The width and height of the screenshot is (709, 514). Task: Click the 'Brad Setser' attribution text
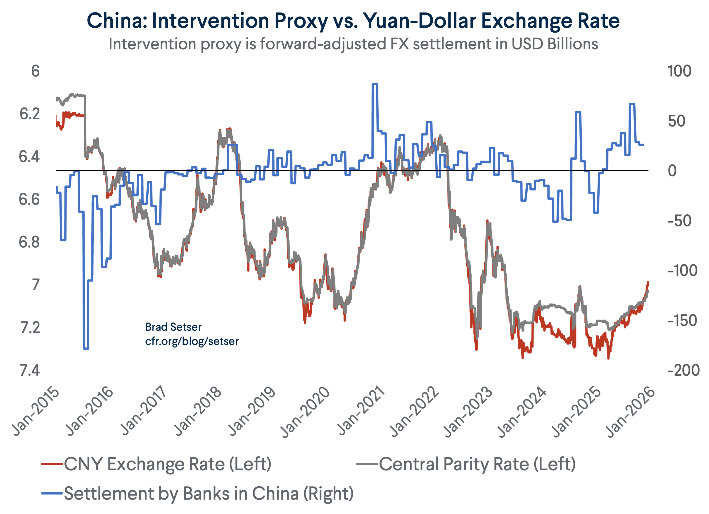point(173,327)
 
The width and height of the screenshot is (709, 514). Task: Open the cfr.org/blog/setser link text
point(192,341)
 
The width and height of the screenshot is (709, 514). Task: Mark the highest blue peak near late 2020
point(375,84)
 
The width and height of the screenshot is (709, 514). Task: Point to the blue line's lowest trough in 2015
point(86,348)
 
